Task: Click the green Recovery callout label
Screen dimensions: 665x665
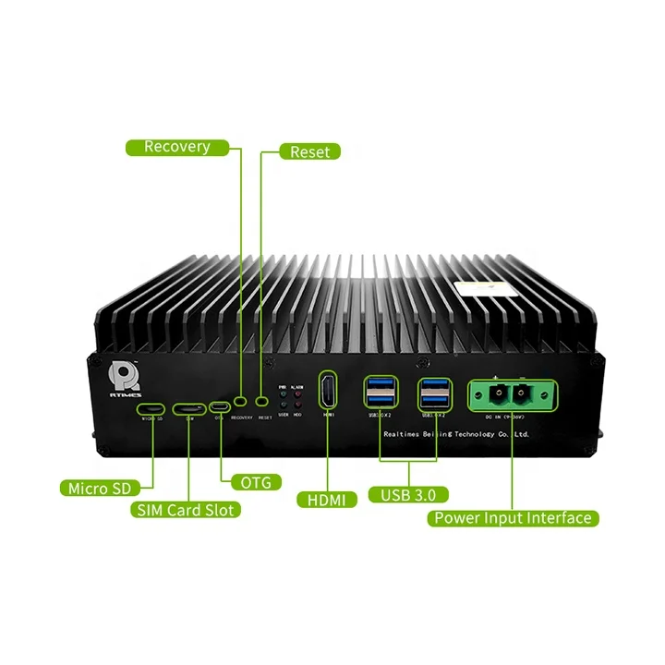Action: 176,147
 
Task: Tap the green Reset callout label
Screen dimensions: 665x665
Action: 308,151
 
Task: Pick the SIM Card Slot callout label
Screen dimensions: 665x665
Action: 187,509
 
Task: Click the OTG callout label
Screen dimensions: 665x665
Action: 251,482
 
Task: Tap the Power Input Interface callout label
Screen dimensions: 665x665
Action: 514,517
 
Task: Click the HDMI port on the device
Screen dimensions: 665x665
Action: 328,392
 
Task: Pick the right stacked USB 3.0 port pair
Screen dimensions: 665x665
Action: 436,392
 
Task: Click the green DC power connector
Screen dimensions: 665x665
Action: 508,393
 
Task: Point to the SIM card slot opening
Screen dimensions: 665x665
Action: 189,408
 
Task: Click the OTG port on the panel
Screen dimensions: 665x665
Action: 220,407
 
